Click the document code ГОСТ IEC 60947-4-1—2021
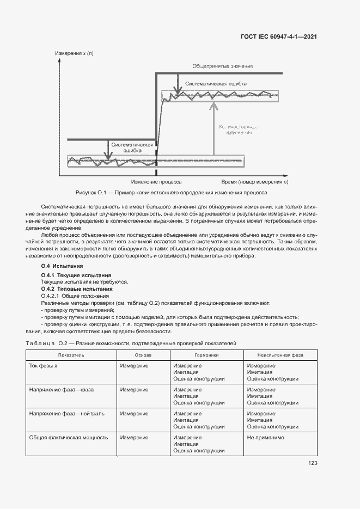[279, 37]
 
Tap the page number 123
[312, 463]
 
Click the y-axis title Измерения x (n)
[74, 53]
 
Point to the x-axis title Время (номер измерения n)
[255, 182]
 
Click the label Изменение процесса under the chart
[157, 182]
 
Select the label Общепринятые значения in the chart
[222, 66]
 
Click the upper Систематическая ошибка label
[216, 83]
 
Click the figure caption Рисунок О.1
[171, 193]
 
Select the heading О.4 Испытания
[62, 266]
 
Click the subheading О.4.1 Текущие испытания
[76, 275]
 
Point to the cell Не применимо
[265, 437]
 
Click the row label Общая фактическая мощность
[68, 437]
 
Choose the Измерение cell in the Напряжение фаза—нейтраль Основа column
[134, 413]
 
